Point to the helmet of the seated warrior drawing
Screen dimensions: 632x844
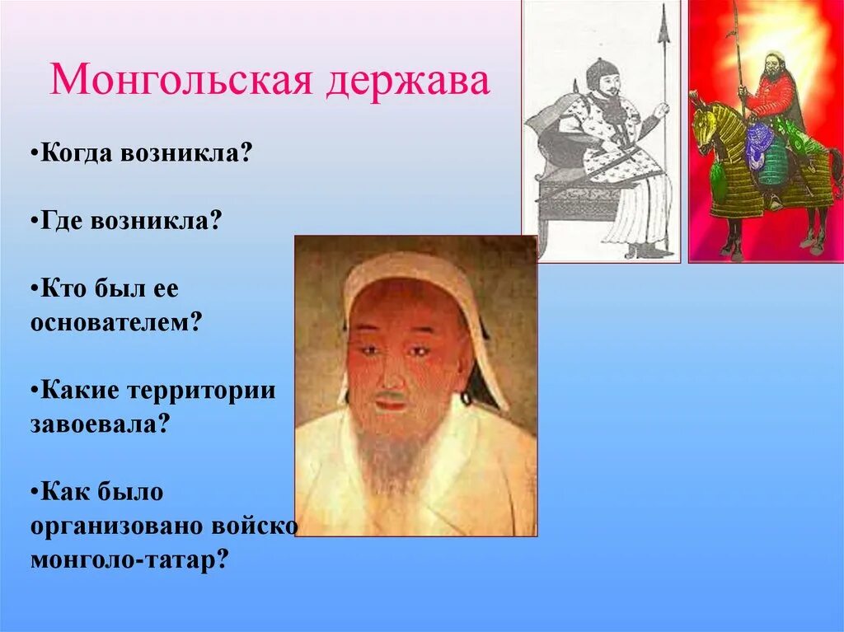click(x=601, y=72)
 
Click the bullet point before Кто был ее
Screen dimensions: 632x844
click(x=35, y=289)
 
